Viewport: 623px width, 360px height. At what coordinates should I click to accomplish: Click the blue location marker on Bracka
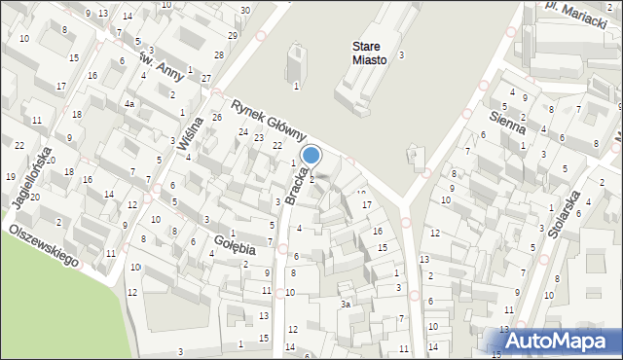(x=311, y=155)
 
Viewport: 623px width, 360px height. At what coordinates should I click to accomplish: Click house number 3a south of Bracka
(x=344, y=305)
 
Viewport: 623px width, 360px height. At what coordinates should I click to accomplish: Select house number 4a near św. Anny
(x=128, y=103)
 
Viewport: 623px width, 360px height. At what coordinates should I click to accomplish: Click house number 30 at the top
(x=245, y=10)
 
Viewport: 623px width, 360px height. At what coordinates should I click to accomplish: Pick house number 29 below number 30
(x=233, y=35)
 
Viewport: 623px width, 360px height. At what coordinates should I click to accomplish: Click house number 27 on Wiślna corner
(x=206, y=78)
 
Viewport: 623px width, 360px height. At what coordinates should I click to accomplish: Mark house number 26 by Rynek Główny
(x=217, y=117)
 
